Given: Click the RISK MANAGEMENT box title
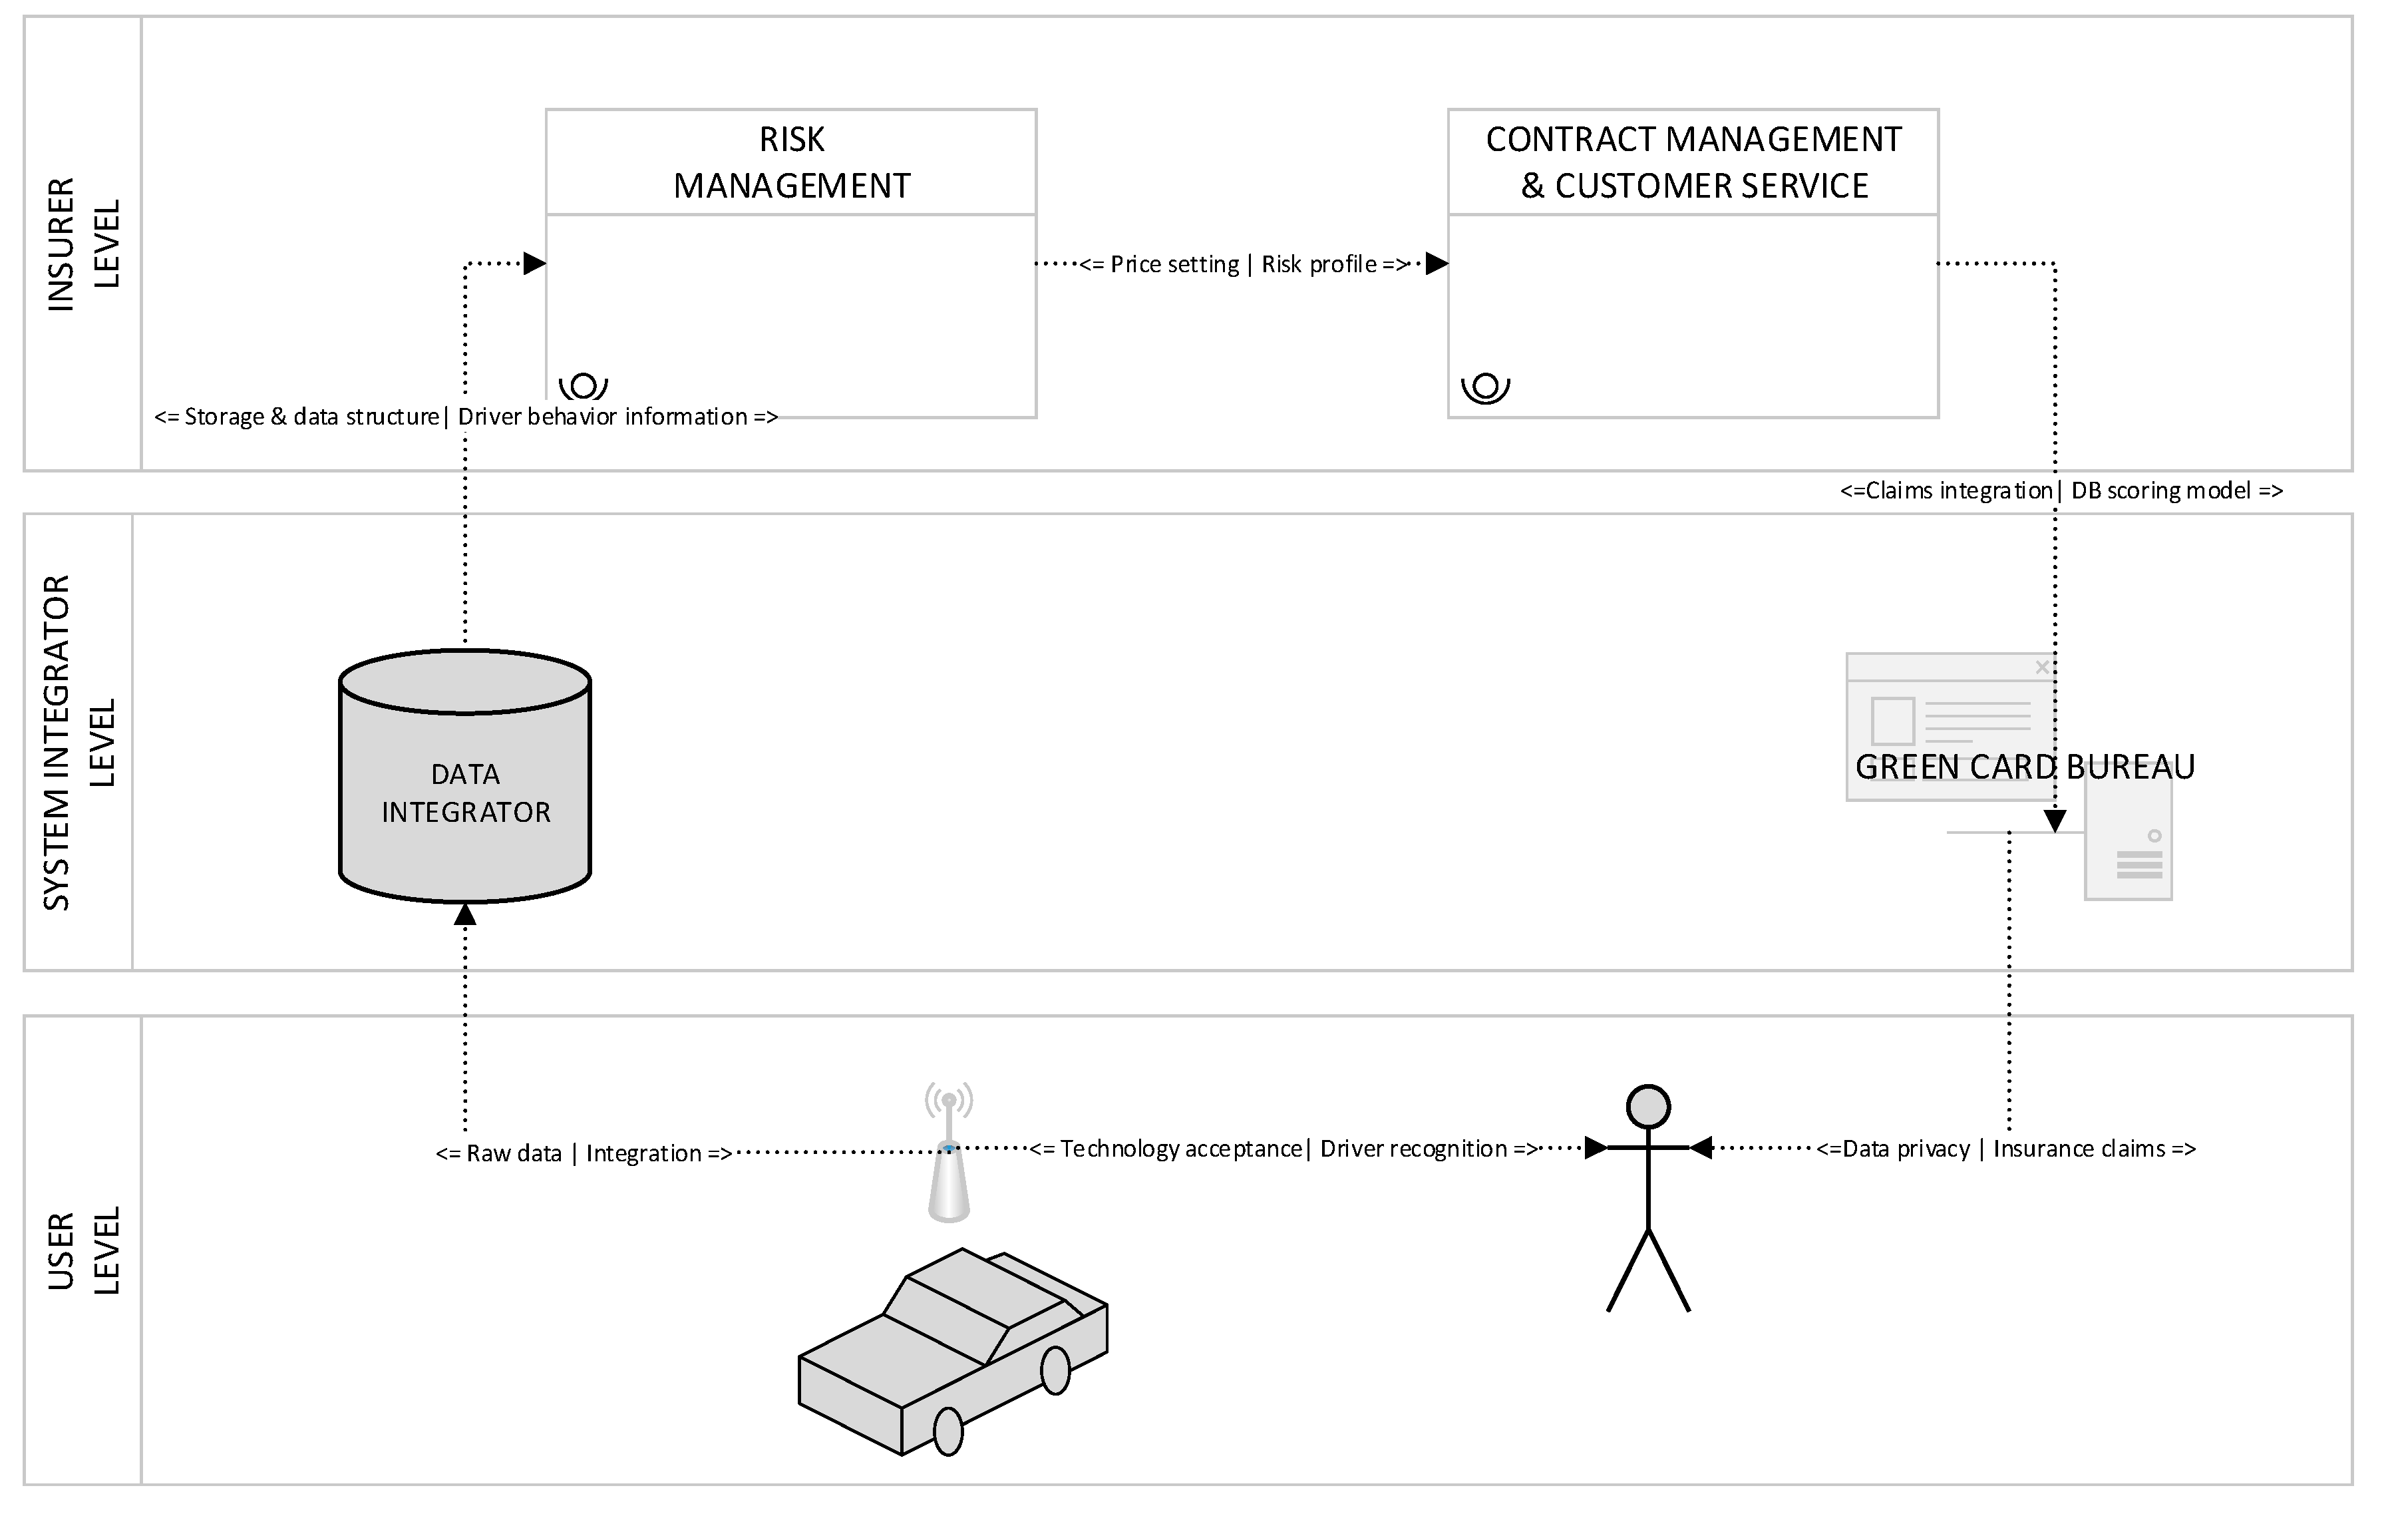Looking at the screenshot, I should (791, 162).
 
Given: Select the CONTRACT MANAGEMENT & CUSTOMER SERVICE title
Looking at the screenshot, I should (1693, 162).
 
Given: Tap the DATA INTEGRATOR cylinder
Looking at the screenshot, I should (465, 785).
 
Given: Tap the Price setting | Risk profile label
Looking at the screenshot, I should (1245, 264).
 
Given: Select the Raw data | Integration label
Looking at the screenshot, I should (584, 1153).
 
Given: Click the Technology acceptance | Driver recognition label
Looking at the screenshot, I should (1283, 1149).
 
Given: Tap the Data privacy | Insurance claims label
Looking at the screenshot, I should (2006, 1149).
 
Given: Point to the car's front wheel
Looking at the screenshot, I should (948, 1431).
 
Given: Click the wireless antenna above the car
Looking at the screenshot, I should (948, 1153).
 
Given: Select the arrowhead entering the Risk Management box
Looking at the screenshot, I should (535, 264).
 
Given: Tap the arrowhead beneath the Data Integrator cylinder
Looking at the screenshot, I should (465, 914).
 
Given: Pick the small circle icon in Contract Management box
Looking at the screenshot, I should (1485, 386).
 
